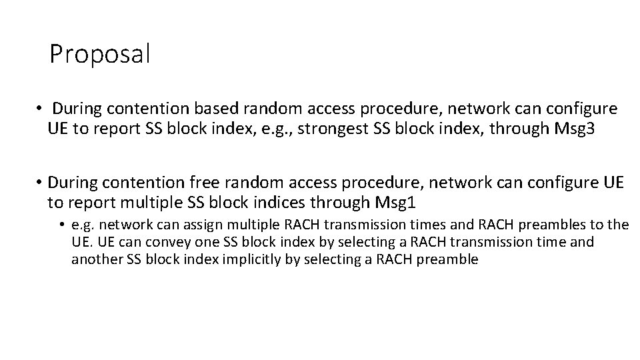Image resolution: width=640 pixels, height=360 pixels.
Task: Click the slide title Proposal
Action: pos(100,54)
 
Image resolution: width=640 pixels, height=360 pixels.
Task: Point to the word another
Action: pos(97,260)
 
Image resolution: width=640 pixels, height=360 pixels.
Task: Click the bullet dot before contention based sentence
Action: pos(40,109)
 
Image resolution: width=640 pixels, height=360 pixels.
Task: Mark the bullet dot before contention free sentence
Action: pos(40,182)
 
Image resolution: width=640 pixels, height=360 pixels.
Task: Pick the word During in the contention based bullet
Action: pos(79,108)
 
